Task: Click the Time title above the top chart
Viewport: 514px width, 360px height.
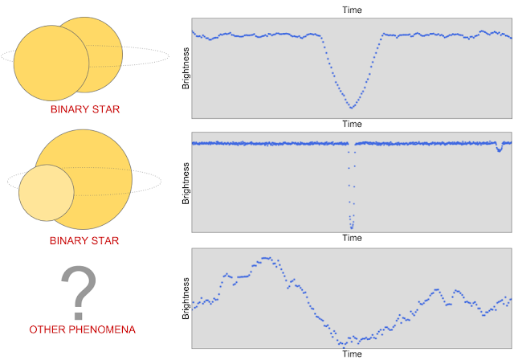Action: tap(352, 10)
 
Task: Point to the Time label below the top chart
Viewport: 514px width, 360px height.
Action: tap(352, 124)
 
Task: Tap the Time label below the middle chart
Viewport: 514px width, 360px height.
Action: tap(352, 238)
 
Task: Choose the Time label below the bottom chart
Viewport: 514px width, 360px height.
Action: tap(352, 353)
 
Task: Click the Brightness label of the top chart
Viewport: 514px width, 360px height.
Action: tap(186, 69)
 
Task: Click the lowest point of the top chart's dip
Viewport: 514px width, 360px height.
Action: tap(351, 107)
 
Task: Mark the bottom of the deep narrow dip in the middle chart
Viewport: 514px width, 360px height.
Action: tap(351, 226)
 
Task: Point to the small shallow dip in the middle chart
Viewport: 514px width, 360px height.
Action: tap(500, 149)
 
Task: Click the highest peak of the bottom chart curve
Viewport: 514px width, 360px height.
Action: tap(266, 259)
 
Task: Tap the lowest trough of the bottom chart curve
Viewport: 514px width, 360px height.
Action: tap(342, 344)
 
